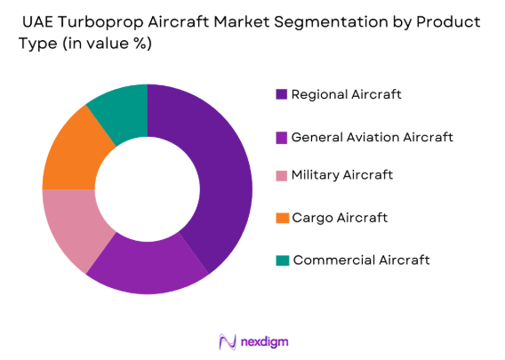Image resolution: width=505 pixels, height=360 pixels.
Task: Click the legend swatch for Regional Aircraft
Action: [282, 94]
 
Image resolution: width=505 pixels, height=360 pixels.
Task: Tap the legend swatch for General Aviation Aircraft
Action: [282, 137]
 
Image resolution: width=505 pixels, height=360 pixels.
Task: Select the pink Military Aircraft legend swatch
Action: [282, 176]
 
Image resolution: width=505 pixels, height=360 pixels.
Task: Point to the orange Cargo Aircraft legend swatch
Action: [282, 218]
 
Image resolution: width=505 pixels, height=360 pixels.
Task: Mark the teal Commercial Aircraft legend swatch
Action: [282, 260]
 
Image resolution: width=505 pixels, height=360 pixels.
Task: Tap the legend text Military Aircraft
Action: [342, 176]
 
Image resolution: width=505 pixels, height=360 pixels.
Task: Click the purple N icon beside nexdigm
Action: [226, 342]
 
